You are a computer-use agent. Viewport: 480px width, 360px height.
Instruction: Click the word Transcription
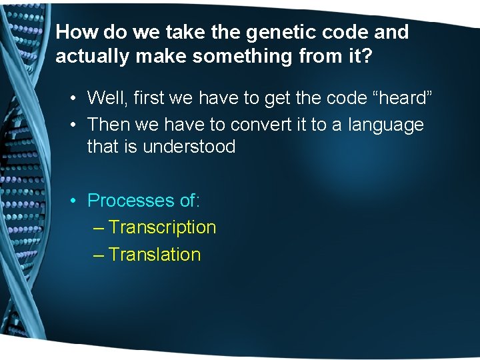pos(162,227)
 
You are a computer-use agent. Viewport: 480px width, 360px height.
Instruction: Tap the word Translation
pos(155,254)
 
